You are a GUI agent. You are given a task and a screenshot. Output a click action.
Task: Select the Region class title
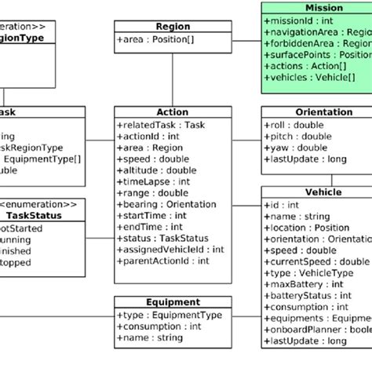click(173, 25)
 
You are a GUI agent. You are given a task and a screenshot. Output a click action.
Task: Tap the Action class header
click(173, 112)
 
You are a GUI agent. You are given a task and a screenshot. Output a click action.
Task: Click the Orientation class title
click(318, 112)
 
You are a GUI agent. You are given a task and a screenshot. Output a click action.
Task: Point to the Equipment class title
click(173, 301)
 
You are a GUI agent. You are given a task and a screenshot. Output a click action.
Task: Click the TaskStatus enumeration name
click(33, 215)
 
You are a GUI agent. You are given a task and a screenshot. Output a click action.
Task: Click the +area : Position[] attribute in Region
click(155, 38)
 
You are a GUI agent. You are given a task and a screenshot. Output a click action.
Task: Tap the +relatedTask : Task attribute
click(160, 125)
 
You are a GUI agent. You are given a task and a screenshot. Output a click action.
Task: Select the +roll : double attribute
click(294, 125)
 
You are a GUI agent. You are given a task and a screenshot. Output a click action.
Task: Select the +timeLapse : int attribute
click(154, 181)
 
